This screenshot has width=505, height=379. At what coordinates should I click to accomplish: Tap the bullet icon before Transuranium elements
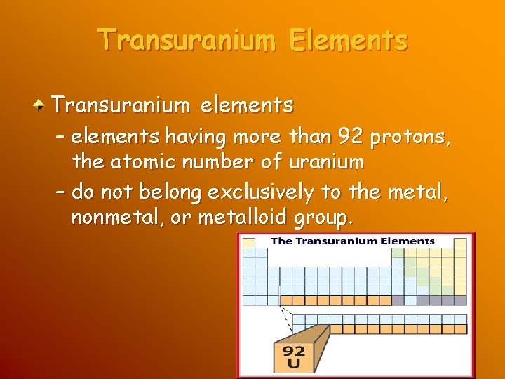[41, 106]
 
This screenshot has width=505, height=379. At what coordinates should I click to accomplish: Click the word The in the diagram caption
[281, 241]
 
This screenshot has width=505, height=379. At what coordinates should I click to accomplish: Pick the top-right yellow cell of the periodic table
[460, 244]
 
